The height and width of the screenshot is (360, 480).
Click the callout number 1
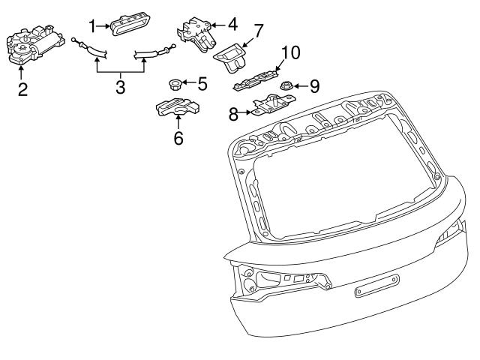pos(93,26)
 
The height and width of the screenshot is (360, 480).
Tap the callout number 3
pos(120,87)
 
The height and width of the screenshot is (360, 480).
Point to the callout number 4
pos(232,24)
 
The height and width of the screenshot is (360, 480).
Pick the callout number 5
pos(202,82)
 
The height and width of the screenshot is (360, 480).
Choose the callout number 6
pos(178,138)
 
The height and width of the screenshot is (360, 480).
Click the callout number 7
pos(259,31)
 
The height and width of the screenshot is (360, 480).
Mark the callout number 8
pos(233,114)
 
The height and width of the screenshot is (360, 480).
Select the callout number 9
pos(314,85)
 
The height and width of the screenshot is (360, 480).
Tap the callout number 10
pos(290,52)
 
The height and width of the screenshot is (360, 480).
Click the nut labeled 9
pos(286,87)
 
